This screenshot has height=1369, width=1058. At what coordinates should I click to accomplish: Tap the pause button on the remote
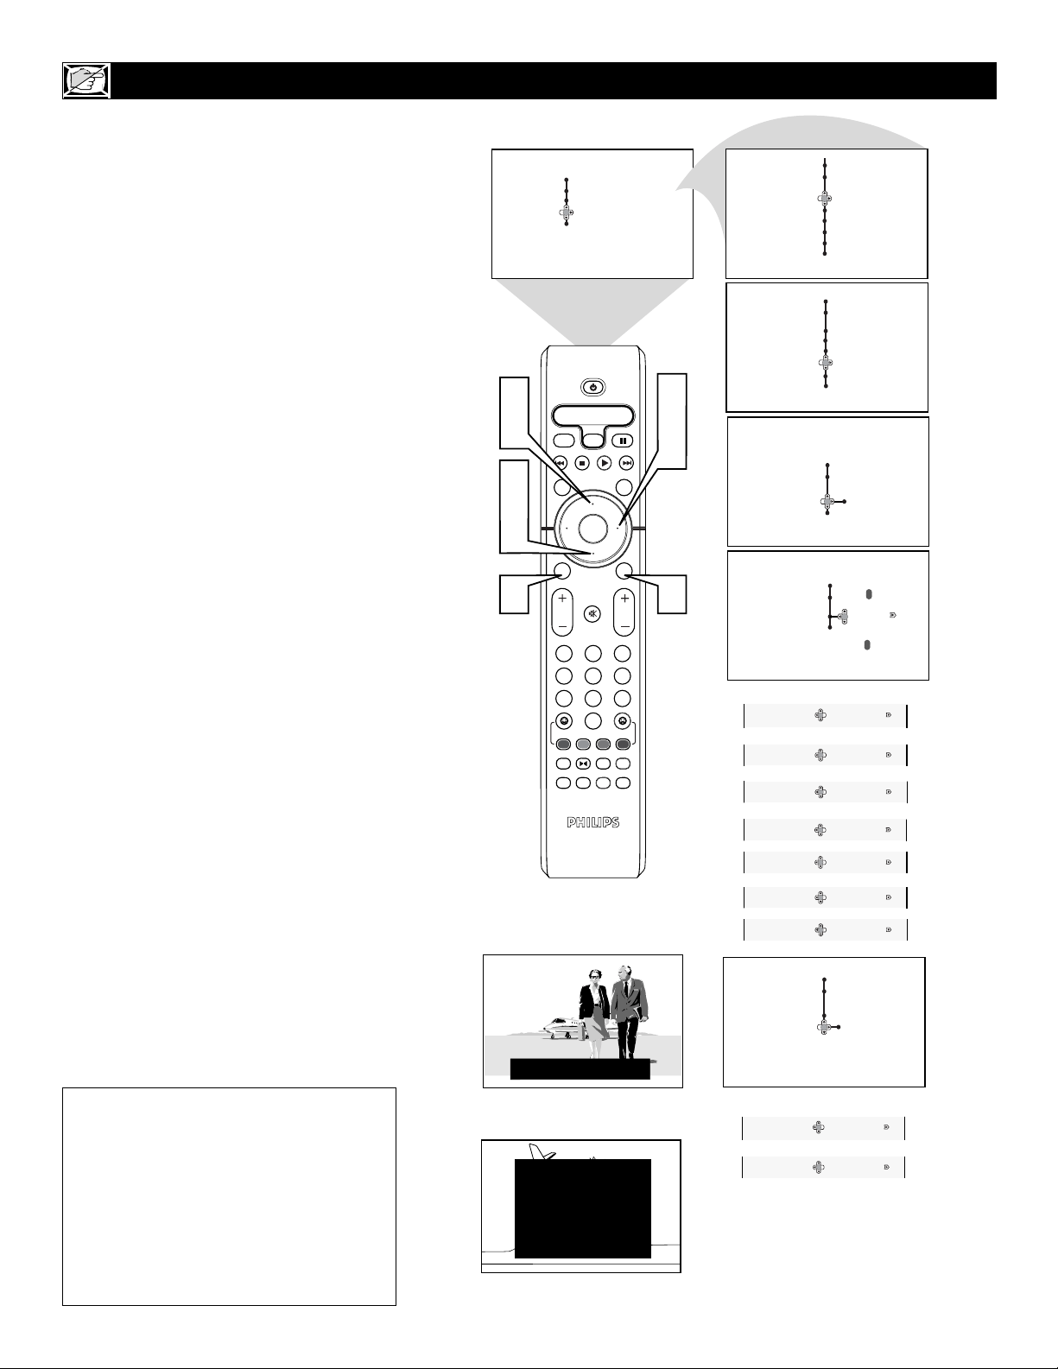pyautogui.click(x=622, y=441)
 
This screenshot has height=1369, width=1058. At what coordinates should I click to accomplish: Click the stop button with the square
pyautogui.click(x=582, y=464)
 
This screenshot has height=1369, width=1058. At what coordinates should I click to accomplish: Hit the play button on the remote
pyautogui.click(x=604, y=464)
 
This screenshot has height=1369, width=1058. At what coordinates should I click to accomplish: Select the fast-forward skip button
pyautogui.click(x=627, y=464)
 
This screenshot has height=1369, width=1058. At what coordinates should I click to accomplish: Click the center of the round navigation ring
pyautogui.click(x=592, y=529)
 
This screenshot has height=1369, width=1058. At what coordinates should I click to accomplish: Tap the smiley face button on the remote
pyautogui.click(x=564, y=720)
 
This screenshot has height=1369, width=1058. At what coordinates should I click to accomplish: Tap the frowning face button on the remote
pyautogui.click(x=623, y=720)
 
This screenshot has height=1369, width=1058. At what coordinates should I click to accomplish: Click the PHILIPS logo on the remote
pyautogui.click(x=593, y=823)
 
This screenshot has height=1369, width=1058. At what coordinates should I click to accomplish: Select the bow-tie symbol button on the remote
pyautogui.click(x=583, y=764)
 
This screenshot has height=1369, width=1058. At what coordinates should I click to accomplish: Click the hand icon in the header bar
pyautogui.click(x=87, y=80)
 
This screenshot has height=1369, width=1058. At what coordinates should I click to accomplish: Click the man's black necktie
pyautogui.click(x=622, y=995)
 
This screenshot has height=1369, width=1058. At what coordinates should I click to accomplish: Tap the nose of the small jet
pyautogui.click(x=545, y=1026)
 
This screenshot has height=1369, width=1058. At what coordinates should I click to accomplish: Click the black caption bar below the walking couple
pyautogui.click(x=580, y=1069)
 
